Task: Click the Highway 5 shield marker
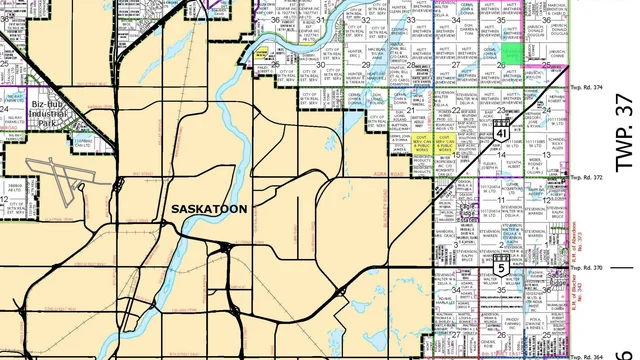500,266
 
